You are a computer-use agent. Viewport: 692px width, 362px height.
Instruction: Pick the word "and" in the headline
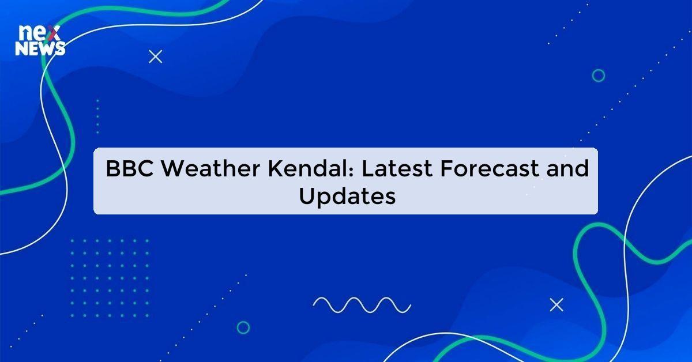[567, 169]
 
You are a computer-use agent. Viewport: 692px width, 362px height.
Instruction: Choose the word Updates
[347, 197]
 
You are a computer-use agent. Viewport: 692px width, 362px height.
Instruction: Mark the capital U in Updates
[306, 196]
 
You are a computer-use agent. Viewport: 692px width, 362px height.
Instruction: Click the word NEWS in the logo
[40, 50]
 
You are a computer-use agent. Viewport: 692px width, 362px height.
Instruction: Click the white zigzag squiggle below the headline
[362, 304]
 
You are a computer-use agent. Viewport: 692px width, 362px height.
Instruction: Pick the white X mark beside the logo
[155, 56]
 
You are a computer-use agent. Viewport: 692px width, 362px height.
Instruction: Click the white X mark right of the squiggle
[556, 305]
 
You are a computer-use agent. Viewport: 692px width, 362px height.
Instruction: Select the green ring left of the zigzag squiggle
[243, 327]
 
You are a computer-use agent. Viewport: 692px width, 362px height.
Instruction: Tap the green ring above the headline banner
[599, 76]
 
